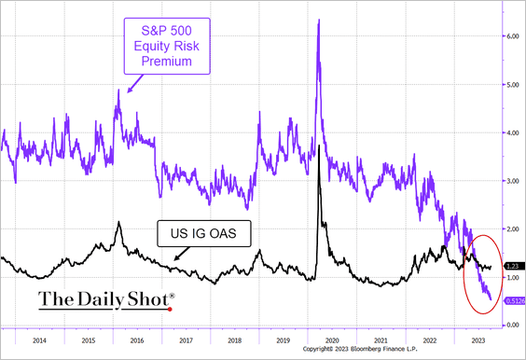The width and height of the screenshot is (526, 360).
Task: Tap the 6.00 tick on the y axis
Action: click(512, 36)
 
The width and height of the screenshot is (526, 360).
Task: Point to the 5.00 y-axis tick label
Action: click(512, 85)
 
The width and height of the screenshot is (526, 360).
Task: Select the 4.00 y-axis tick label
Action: click(512, 132)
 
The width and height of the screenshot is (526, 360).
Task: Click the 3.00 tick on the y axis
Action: click(512, 181)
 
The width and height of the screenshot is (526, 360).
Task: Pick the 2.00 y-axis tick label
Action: click(512, 228)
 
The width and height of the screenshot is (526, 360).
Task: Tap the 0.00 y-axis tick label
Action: click(512, 325)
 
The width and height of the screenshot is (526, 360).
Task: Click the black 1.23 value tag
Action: click(512, 266)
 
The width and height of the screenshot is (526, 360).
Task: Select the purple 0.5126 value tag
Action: click(514, 300)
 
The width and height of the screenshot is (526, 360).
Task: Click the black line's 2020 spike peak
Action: click(320, 146)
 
